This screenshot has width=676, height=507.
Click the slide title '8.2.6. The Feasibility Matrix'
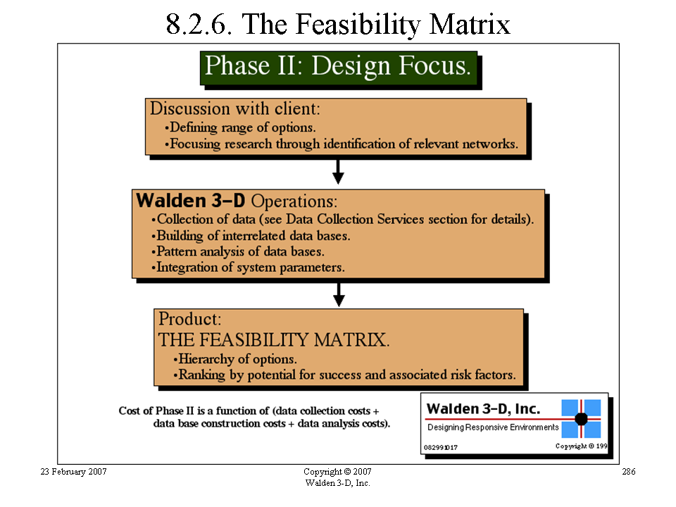point(338,24)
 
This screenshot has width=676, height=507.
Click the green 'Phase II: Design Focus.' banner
point(339,68)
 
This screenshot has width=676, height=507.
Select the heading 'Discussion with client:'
point(235,108)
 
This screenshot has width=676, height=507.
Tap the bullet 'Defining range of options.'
point(240,127)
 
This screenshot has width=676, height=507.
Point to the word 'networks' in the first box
point(489,144)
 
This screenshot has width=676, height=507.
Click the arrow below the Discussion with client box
point(339,172)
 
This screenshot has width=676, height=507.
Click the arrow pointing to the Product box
point(339,295)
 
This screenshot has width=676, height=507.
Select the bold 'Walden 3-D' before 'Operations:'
point(191,201)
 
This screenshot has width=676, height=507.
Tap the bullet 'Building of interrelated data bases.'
point(251,236)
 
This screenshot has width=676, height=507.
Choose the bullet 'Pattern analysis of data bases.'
point(237,251)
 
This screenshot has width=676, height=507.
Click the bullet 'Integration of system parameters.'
point(248,268)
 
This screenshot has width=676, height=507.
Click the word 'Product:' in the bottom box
point(189,320)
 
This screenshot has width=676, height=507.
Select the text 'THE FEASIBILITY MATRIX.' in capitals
point(274,339)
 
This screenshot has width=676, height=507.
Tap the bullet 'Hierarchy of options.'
point(235,359)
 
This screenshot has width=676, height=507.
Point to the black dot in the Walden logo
point(581,418)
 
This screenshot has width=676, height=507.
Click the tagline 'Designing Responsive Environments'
point(493,427)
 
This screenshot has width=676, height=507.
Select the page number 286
point(629,472)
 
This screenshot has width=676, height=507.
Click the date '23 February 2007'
point(73,472)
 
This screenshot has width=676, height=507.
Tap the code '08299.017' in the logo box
point(441,448)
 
